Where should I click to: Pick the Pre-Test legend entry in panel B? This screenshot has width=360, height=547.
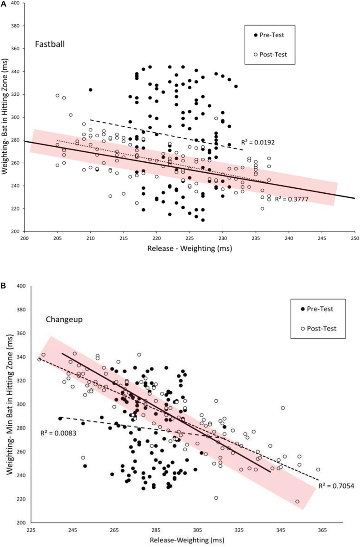pyautogui.click(x=317, y=309)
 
